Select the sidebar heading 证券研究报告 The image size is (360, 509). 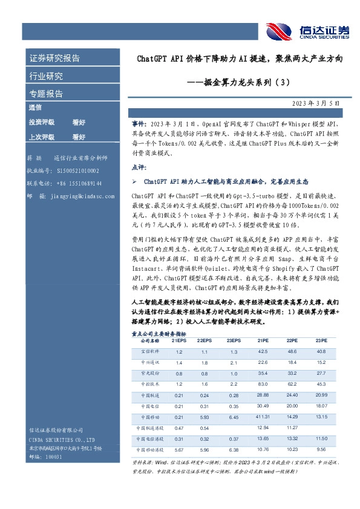pyautogui.click(x=55, y=59)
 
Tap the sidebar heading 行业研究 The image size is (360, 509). pyautogui.click(x=47, y=76)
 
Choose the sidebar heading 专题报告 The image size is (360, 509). pyautogui.click(x=47, y=94)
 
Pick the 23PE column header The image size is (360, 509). pyautogui.click(x=321, y=341)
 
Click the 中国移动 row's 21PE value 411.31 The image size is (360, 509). pyautogui.click(x=263, y=417)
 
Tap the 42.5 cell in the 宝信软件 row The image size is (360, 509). pyautogui.click(x=263, y=351)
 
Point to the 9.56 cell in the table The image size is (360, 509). pyautogui.click(x=321, y=449)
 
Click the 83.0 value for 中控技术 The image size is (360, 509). pyautogui.click(x=263, y=384)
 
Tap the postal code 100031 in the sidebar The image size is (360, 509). pyautogui.click(x=46, y=457)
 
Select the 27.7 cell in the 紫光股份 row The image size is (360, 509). pyautogui.click(x=321, y=373)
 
